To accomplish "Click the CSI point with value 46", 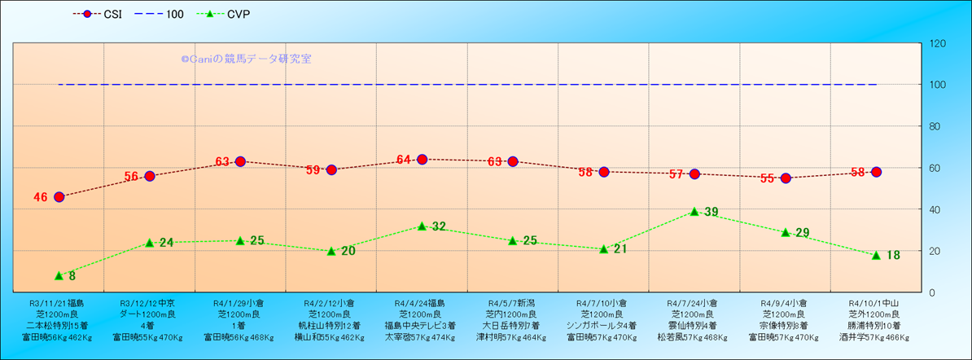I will [59, 197].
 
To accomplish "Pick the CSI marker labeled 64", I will [422, 160].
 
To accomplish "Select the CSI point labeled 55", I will [786, 178].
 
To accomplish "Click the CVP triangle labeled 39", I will [694, 211].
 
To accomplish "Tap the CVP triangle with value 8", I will [59, 275].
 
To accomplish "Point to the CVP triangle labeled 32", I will [422, 226].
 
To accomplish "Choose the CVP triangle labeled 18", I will [876, 255].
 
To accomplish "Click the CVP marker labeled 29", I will [786, 232].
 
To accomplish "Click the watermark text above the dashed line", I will [246, 59].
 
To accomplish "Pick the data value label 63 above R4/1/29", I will [223, 161].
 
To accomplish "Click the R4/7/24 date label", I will [692, 302].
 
